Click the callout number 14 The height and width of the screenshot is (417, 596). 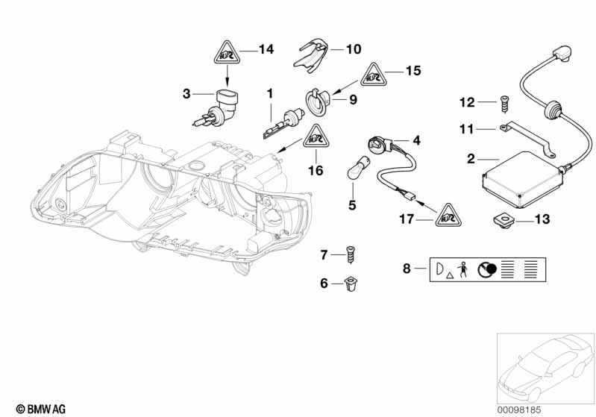pos(266,50)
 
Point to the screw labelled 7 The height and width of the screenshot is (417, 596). pos(351,254)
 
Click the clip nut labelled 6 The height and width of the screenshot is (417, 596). pos(350,283)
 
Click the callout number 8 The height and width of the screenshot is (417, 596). pos(407,269)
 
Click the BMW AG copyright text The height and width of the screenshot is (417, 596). pos(35,408)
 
